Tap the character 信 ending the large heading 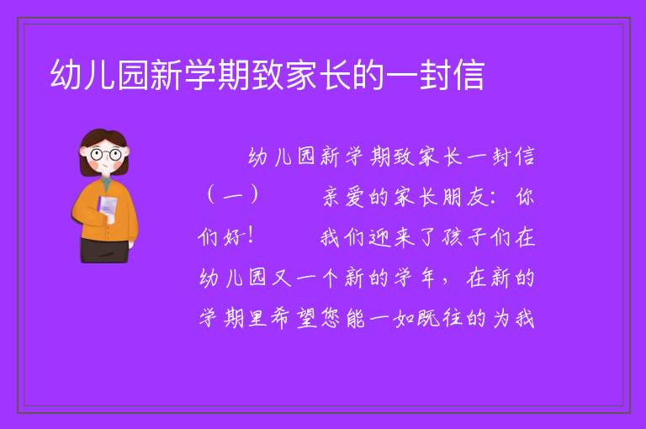(x=469, y=75)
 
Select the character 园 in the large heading (x=133, y=75)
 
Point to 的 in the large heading (x=368, y=75)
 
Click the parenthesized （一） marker (x=233, y=195)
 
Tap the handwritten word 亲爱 (x=343, y=197)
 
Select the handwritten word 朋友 (x=465, y=197)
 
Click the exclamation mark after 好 (x=251, y=236)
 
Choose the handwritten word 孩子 (x=464, y=237)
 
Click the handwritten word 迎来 (x=391, y=237)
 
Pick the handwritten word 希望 (x=294, y=318)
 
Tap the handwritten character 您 (x=331, y=318)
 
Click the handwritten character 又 (x=282, y=278)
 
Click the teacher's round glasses (x=106, y=155)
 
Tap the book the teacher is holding (x=107, y=209)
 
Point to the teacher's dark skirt (x=104, y=250)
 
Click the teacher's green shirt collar (x=107, y=183)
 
